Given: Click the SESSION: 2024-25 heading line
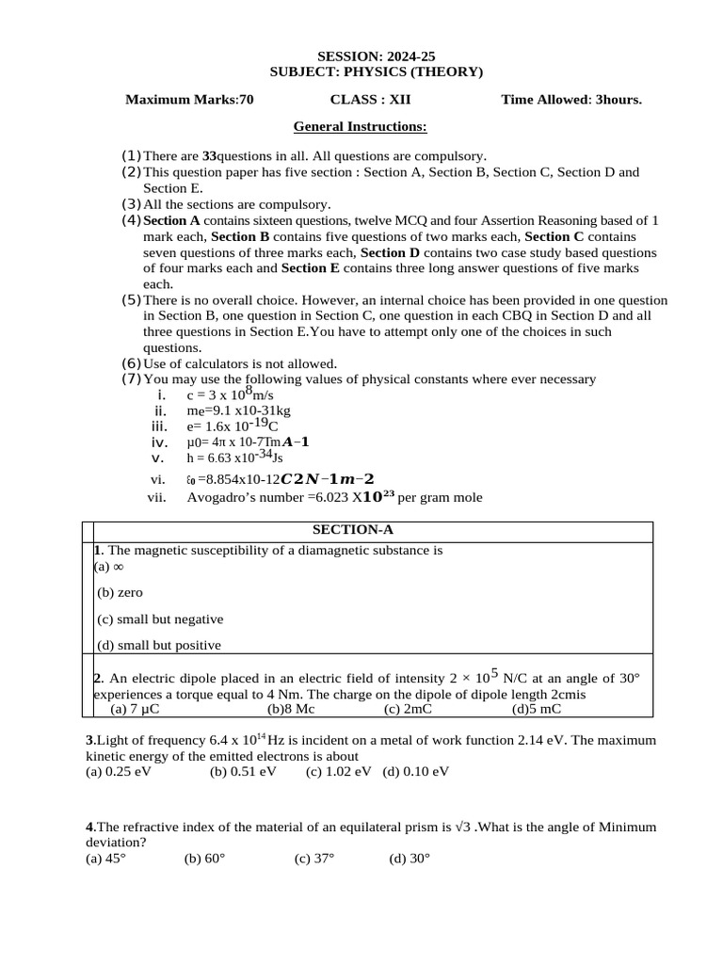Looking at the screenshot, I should (x=361, y=56).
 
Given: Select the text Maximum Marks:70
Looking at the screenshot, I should (x=189, y=100).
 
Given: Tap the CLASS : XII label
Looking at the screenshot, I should (x=370, y=100).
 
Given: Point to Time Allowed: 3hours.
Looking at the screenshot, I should (x=571, y=100).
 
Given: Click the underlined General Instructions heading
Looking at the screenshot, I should (x=361, y=126).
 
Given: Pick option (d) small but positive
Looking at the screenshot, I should (x=159, y=645).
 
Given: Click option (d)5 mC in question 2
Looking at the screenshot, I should (x=537, y=709).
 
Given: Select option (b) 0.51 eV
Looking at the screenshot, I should (x=244, y=772).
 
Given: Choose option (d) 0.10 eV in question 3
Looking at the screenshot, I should (x=416, y=772).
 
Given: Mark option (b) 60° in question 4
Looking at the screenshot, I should (x=204, y=859).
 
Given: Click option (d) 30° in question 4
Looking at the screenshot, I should (x=410, y=859).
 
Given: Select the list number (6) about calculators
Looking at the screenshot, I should (x=131, y=363).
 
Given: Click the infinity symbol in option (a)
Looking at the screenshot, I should (x=118, y=567).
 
